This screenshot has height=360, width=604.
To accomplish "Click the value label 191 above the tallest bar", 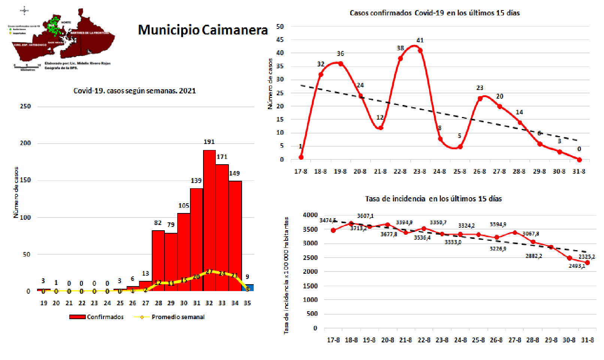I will coord(209,142).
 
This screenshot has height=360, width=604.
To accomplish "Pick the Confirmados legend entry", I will coord(96,317).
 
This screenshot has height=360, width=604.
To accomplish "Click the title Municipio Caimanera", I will coord(203,30).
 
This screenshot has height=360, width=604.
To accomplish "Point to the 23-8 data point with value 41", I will coord(420,50).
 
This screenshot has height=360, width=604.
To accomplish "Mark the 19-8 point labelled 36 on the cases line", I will coord(341,64).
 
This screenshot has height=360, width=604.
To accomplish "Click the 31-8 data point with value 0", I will coord(579,160).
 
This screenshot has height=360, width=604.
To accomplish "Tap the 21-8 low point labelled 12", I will coord(380,128).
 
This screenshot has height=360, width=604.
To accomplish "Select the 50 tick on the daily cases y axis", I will coord(280,27).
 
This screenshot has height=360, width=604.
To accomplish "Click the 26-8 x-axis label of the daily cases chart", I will coord(479,171).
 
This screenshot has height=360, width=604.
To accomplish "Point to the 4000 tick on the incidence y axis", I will coord(310,215).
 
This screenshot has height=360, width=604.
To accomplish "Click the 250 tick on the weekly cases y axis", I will coord(25,106).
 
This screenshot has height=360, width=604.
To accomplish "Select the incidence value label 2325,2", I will coord(586,257).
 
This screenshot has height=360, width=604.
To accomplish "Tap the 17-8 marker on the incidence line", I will coord(333,230).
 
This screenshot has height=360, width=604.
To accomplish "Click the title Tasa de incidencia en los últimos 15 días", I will coord(433,199).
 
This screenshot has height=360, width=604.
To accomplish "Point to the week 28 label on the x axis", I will coord(158,303).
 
